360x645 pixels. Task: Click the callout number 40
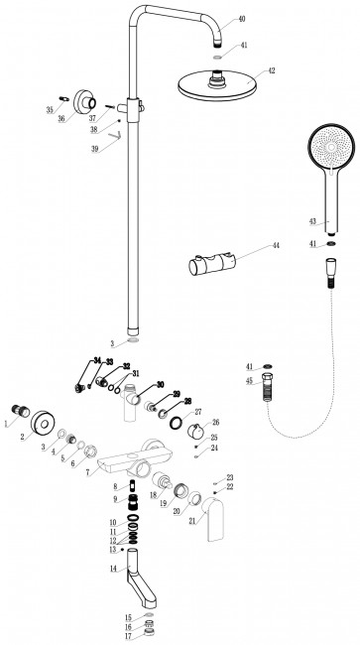[x=242, y=20]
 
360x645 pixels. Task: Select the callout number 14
[x=113, y=568]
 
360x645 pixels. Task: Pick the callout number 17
[x=128, y=637]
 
